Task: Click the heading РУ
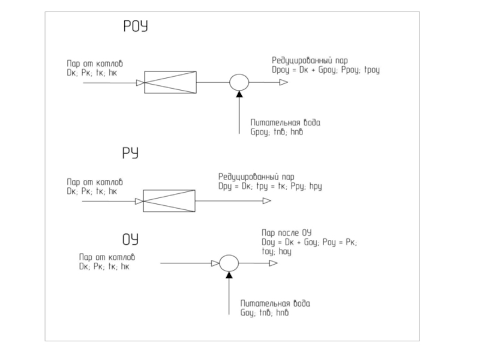pos(131,154)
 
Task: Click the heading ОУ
pos(131,241)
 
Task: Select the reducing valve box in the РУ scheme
pos(169,201)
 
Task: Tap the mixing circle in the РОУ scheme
pos(239,83)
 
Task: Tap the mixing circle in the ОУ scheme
pos(229,263)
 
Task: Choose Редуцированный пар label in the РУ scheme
pos(256,178)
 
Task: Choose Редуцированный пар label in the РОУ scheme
pos(310,61)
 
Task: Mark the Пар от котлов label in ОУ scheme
pos(103,257)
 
